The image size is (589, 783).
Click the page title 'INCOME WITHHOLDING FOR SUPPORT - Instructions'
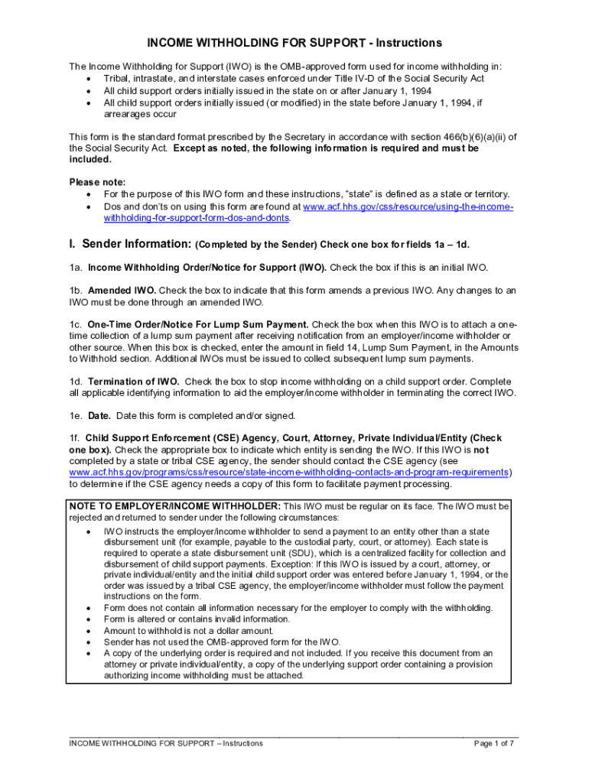(294, 43)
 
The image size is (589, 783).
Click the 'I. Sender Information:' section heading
(130, 244)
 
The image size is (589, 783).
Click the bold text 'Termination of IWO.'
(134, 382)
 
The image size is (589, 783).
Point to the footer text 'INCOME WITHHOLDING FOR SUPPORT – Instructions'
(166, 743)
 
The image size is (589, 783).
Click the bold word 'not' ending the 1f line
(496, 450)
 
